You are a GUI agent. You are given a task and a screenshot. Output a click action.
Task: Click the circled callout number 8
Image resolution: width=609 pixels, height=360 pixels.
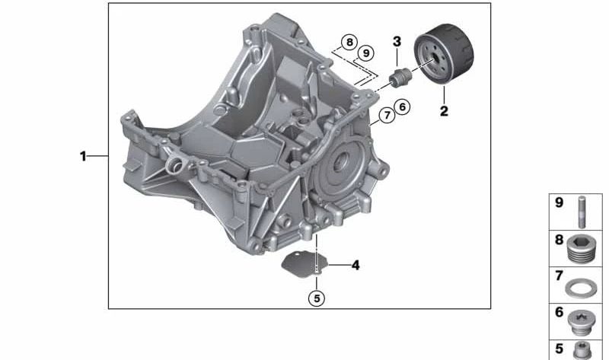coord(349,42)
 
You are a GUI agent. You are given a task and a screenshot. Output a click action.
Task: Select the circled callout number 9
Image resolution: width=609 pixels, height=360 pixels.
coord(366,53)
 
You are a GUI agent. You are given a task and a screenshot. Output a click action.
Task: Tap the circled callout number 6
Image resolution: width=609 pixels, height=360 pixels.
coord(402,107)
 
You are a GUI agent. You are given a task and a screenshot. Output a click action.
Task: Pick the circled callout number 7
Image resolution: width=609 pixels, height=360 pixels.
coord(387,116)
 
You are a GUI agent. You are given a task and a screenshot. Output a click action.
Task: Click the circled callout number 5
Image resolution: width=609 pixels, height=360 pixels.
coord(317,298)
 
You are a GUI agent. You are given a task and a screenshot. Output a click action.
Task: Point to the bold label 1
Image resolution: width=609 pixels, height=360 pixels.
coord(83,156)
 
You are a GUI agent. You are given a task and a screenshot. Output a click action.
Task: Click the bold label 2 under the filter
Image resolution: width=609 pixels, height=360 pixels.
coord(444,111)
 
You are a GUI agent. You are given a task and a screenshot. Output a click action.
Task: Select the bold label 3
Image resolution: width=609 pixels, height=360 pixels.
coord(397,41)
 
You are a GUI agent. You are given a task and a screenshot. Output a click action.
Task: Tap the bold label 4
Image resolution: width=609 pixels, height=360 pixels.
coord(356,265)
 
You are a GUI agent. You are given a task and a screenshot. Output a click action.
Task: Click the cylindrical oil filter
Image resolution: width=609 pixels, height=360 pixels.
coord(444,53)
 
